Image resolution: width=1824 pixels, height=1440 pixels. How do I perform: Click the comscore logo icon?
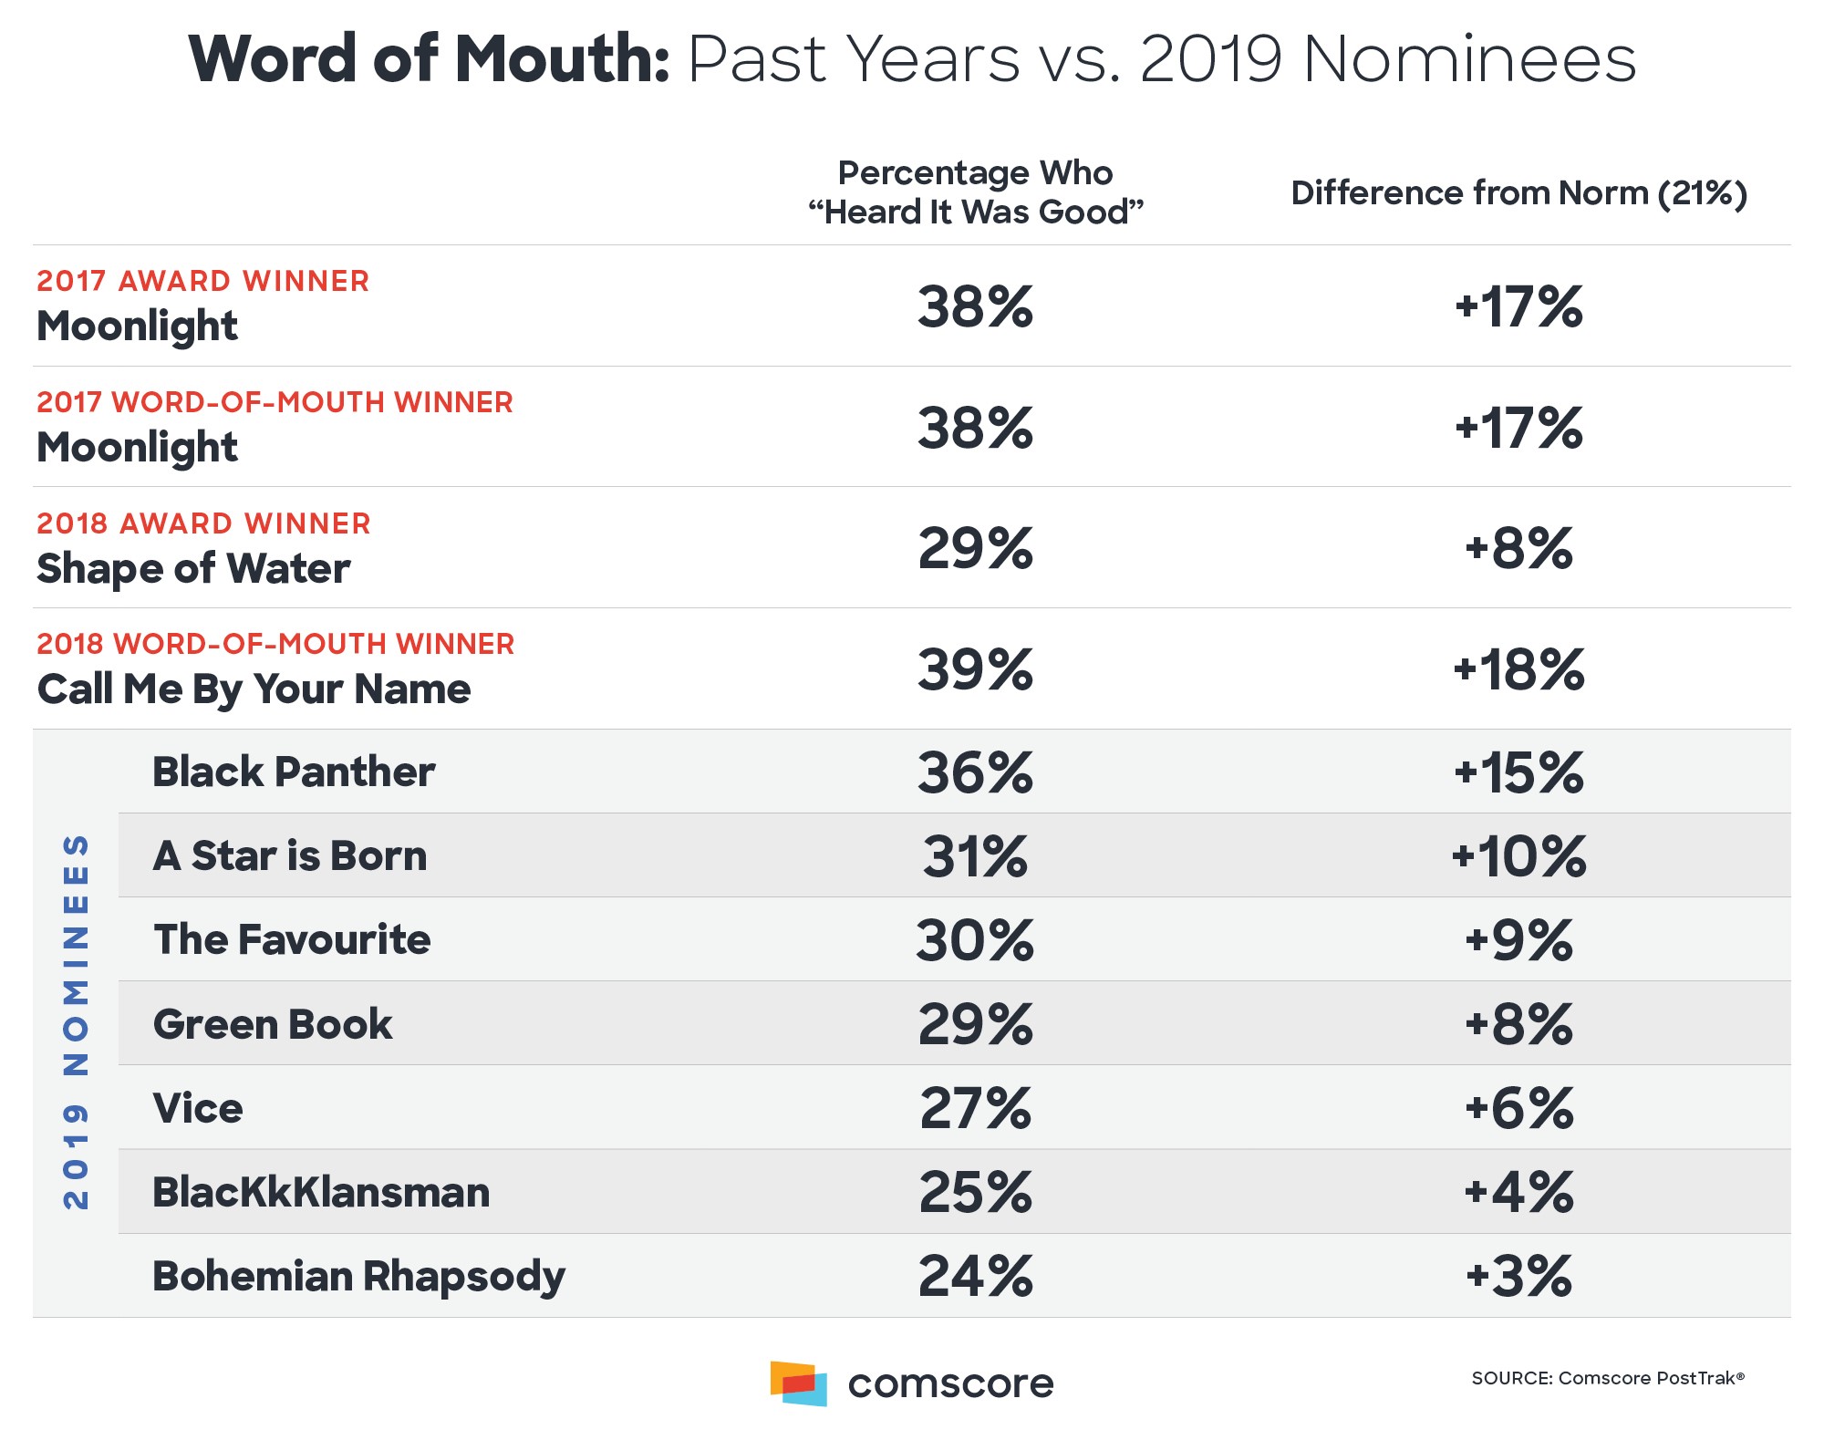(799, 1383)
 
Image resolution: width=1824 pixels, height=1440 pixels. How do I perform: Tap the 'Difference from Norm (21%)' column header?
(1518, 193)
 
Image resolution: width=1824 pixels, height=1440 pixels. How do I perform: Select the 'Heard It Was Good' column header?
(975, 192)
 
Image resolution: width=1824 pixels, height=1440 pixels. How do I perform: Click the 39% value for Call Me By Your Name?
(975, 669)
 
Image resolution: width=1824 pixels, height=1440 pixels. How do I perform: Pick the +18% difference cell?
(1518, 669)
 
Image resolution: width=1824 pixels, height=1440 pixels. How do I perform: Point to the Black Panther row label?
(293, 772)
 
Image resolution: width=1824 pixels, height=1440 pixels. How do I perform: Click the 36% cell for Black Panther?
(975, 772)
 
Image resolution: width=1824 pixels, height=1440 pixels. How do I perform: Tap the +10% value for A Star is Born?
(1518, 856)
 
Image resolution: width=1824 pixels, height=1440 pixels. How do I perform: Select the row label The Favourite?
(292, 939)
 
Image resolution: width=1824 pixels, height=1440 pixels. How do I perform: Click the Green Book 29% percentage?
(975, 1024)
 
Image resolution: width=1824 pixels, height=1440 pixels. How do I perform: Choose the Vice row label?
(198, 1108)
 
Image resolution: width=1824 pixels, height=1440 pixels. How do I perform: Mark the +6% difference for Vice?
(1518, 1108)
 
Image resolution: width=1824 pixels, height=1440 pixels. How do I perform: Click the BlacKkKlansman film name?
(321, 1192)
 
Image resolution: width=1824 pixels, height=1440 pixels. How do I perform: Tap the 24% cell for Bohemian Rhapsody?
(975, 1276)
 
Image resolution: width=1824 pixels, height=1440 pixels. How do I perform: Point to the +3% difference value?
(1518, 1276)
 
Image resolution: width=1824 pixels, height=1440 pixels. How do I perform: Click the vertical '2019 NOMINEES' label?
(76, 1021)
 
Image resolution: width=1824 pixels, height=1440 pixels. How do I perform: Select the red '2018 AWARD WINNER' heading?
(203, 523)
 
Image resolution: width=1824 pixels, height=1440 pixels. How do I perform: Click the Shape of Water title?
(193, 568)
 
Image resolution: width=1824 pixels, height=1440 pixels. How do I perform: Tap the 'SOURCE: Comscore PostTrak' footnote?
(1607, 1378)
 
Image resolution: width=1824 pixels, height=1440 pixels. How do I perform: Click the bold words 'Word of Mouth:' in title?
(429, 59)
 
